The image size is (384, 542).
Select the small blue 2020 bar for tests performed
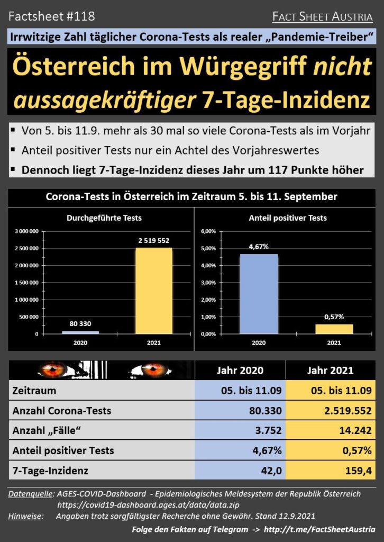click(x=80, y=332)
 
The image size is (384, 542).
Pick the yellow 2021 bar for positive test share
click(x=334, y=329)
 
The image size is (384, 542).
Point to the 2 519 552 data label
click(x=153, y=240)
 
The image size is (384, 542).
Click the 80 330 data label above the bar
click(x=80, y=324)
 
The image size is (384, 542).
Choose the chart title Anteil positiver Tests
click(x=287, y=218)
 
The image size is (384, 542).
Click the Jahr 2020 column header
click(x=240, y=371)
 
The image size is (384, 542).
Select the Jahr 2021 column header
click(x=331, y=371)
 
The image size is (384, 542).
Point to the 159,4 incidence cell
click(x=360, y=469)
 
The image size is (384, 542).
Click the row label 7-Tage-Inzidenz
click(x=50, y=469)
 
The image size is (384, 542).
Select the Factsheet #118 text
click(x=52, y=16)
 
